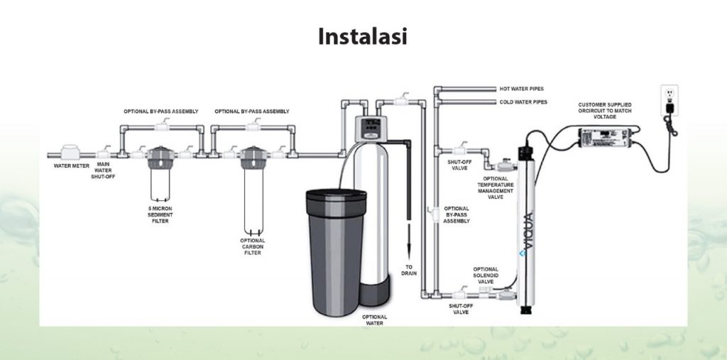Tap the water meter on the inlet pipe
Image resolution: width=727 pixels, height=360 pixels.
[72, 153]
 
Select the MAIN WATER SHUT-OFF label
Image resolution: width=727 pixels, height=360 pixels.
[104, 171]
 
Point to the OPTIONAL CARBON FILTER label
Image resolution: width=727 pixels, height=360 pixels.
[253, 246]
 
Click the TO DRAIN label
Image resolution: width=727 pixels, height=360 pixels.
[410, 270]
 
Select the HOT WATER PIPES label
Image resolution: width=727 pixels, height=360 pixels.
[520, 89]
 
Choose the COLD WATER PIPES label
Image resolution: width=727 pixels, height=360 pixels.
[520, 102]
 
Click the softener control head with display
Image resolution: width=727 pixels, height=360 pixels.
[369, 128]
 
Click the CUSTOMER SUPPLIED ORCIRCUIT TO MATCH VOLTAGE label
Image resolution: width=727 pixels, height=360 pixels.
[605, 110]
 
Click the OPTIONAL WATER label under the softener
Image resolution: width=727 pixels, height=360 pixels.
[373, 320]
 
